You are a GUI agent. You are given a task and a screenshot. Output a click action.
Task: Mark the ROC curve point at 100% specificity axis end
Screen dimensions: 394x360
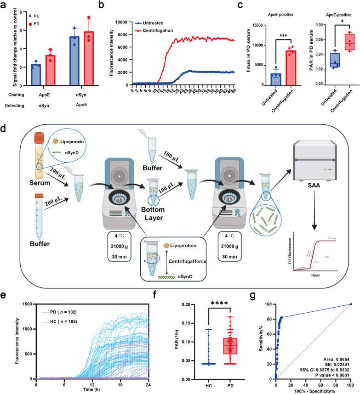[x=351, y=317]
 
